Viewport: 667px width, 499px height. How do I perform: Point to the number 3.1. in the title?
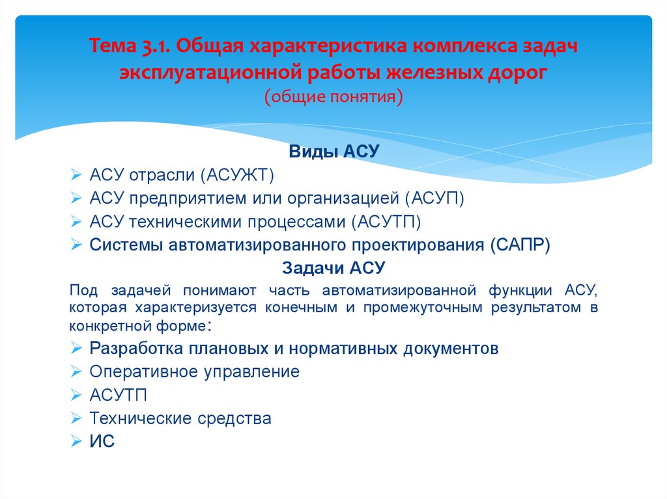152,47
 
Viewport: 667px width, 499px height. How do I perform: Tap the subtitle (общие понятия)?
333,96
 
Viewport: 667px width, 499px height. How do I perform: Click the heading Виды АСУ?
333,153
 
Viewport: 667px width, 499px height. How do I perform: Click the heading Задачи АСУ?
333,268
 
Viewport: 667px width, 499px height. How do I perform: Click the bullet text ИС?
102,442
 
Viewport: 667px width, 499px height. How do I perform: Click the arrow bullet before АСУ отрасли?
76,176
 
